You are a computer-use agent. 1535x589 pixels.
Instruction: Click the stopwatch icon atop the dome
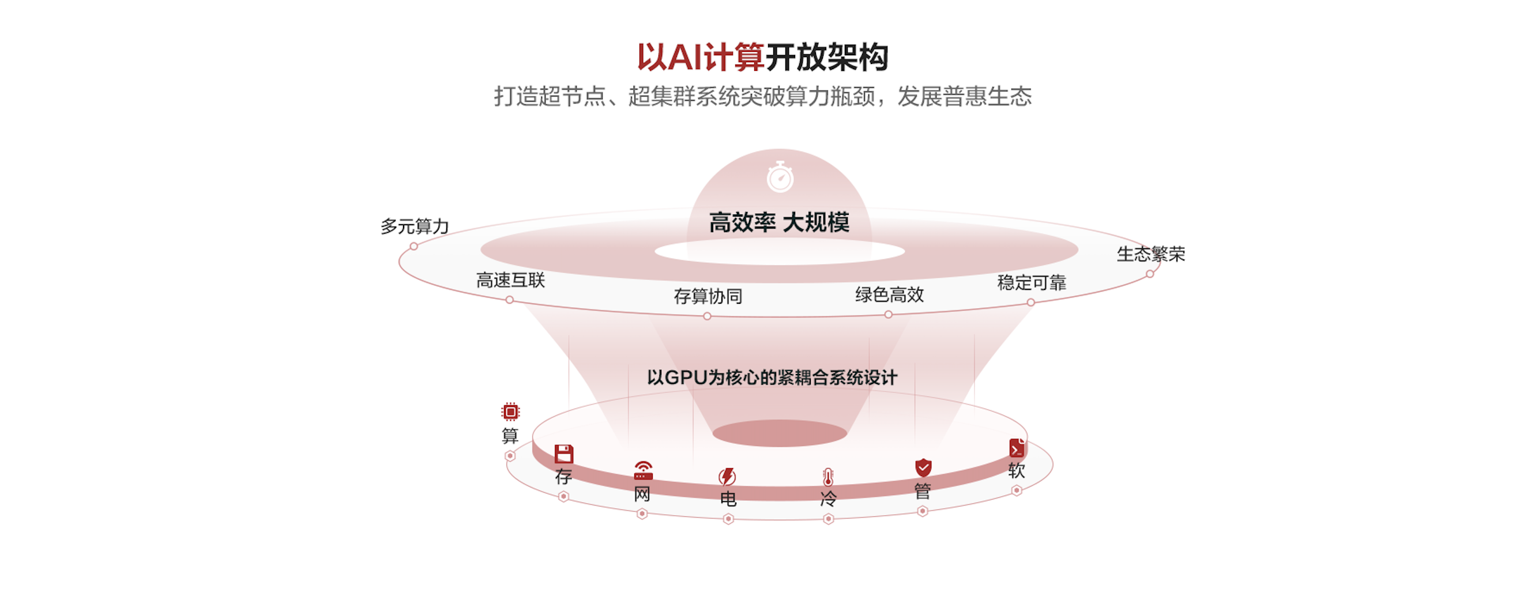780,177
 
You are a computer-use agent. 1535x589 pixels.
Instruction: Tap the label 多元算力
415,226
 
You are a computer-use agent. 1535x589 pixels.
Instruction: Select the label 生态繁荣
1150,254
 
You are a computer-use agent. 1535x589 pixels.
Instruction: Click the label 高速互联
511,280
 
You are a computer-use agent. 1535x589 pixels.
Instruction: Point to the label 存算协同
708,296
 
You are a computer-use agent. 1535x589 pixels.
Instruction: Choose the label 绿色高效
889,294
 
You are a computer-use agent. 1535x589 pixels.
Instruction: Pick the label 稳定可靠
1032,282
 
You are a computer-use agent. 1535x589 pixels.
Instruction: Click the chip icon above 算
511,411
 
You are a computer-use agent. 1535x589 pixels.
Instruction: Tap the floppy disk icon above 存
564,454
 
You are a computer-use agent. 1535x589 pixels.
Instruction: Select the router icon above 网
643,470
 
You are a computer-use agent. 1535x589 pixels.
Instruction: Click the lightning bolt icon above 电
727,477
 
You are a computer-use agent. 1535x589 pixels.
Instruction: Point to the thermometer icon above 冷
828,477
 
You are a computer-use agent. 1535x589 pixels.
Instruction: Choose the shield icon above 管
923,467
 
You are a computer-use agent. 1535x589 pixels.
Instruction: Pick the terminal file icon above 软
1017,448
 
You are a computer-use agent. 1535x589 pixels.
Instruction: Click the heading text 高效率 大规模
779,222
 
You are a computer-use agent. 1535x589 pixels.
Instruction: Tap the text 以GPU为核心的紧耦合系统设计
772,377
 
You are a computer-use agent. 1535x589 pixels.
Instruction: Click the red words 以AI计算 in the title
700,58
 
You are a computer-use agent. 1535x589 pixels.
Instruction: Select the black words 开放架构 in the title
827,58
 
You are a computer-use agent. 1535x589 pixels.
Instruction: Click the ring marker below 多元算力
413,246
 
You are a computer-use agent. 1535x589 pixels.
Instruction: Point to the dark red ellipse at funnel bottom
780,433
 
